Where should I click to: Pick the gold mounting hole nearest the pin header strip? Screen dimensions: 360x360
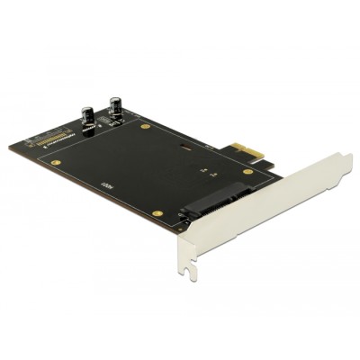click(x=58, y=164)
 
